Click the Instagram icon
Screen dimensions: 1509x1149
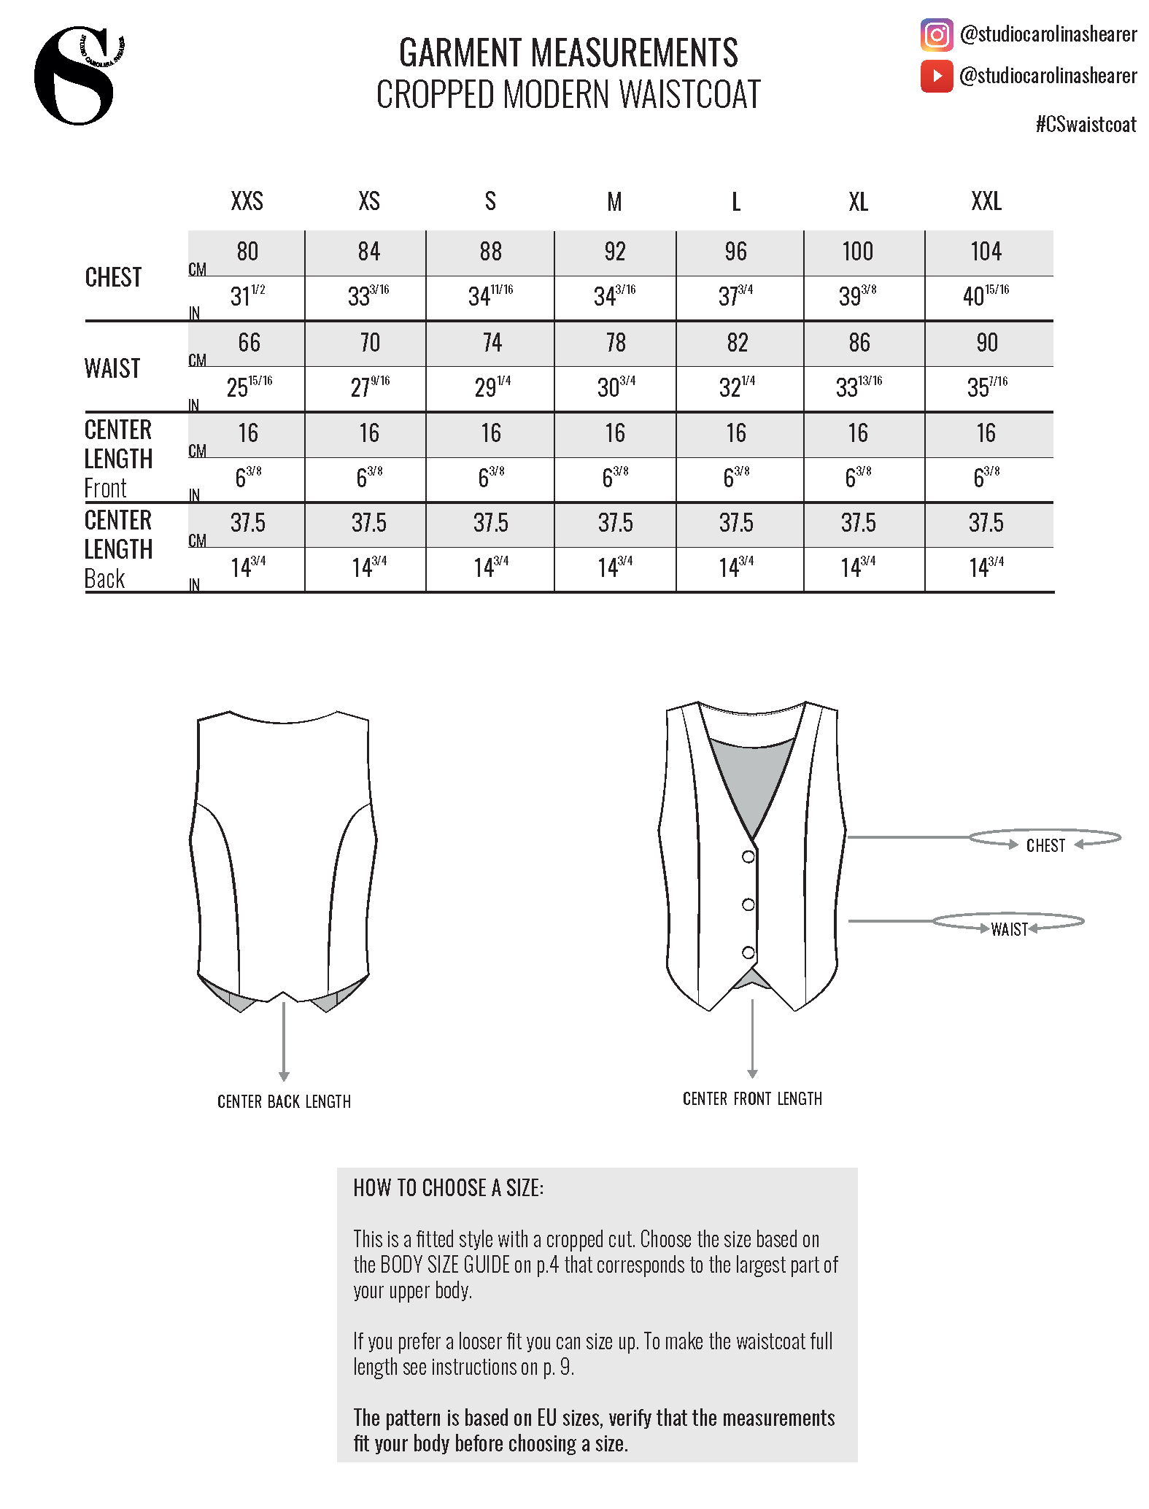pyautogui.click(x=937, y=34)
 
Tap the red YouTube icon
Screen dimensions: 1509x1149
pyautogui.click(x=937, y=76)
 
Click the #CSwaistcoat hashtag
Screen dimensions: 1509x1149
pyautogui.click(x=1086, y=125)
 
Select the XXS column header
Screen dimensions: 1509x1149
pyautogui.click(x=247, y=201)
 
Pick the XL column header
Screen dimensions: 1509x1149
pyautogui.click(x=858, y=201)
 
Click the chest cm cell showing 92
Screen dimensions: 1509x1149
pyautogui.click(x=615, y=252)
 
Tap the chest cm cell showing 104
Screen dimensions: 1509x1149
pyautogui.click(x=986, y=252)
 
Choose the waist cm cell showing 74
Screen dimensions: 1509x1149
pyautogui.click(x=492, y=343)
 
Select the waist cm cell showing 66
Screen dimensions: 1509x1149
pyautogui.click(x=249, y=343)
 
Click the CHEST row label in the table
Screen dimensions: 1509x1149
pyautogui.click(x=113, y=278)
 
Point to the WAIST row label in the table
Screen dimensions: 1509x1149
pyautogui.click(x=112, y=368)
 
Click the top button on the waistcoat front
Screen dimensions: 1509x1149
pyautogui.click(x=748, y=856)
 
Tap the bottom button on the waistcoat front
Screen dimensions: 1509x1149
pyautogui.click(x=748, y=953)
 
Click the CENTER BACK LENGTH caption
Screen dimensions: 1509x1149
pyautogui.click(x=284, y=1101)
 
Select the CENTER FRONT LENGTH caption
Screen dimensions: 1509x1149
pyautogui.click(x=752, y=1099)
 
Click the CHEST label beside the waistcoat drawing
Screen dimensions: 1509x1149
pyautogui.click(x=1045, y=846)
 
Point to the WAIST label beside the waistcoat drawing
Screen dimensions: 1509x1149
pyautogui.click(x=1009, y=929)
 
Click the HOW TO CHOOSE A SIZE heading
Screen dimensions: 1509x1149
pyautogui.click(x=448, y=1188)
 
